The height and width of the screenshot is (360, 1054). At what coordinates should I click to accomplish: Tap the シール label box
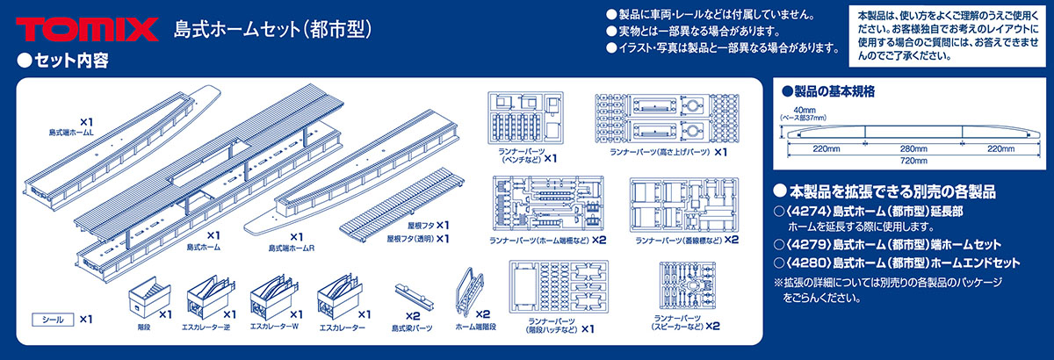pos(51,320)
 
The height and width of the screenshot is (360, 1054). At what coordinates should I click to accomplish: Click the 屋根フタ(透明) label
pos(418,238)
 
